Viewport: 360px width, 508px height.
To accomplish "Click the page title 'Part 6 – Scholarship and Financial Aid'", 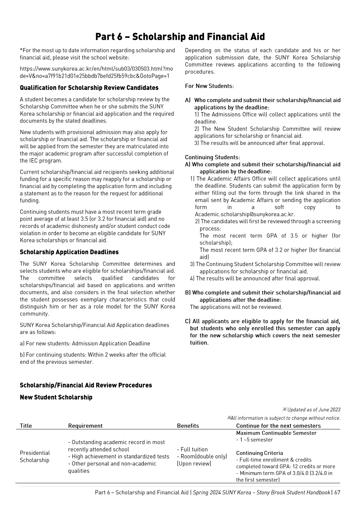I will [x=180, y=36].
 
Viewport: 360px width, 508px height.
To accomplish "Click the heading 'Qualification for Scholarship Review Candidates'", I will [x=89, y=88].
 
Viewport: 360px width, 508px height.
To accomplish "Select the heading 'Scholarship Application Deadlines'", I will [x=69, y=252].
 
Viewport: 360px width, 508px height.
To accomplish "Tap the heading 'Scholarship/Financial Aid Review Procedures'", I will [x=86, y=385].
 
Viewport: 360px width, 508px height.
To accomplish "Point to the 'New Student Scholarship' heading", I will [x=56, y=397].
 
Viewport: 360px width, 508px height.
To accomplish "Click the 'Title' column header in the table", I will [x=26, y=426].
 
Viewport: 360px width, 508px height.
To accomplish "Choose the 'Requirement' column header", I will [x=85, y=426].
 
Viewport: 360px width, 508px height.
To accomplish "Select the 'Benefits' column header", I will [x=188, y=426].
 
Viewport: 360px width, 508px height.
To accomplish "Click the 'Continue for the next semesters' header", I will [x=278, y=426].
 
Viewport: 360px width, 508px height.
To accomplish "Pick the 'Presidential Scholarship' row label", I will [x=34, y=456].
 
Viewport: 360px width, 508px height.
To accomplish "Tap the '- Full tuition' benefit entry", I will [x=192, y=449].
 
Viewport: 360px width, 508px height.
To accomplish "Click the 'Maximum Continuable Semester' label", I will [x=276, y=433].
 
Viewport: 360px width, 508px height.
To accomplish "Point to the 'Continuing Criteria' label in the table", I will [x=260, y=453].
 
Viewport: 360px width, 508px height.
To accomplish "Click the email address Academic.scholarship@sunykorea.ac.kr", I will [x=245, y=215].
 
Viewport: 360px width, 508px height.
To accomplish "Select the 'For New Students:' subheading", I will [x=209, y=86].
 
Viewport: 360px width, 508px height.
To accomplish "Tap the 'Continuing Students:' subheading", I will [x=212, y=157].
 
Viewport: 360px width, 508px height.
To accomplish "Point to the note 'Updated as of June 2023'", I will [x=313, y=410].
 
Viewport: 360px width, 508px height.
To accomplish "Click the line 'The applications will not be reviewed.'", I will [x=236, y=307].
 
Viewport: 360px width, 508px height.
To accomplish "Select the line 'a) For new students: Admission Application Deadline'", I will [x=85, y=343].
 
